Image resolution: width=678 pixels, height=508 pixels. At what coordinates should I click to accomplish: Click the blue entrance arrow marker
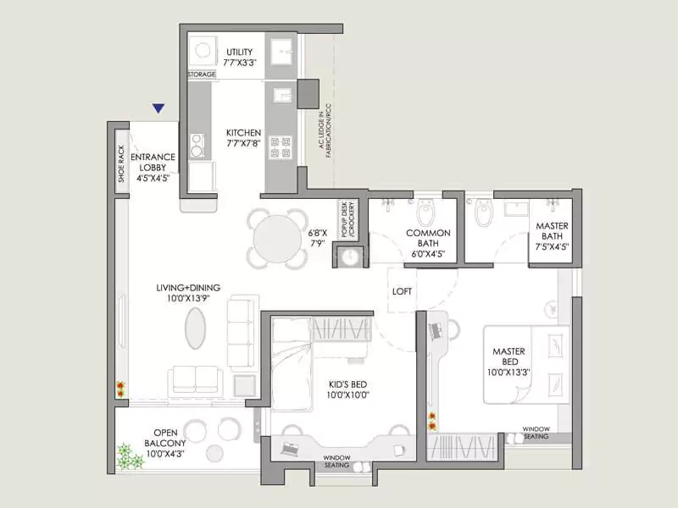tap(157, 108)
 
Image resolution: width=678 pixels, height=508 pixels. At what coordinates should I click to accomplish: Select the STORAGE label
tap(201, 75)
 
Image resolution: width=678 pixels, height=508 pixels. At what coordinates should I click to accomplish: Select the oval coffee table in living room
tap(196, 328)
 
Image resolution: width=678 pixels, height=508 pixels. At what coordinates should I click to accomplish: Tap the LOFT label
tap(403, 291)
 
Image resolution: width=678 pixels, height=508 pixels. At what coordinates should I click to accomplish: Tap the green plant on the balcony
tap(129, 457)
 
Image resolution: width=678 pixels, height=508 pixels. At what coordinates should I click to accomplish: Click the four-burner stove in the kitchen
tap(281, 147)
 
